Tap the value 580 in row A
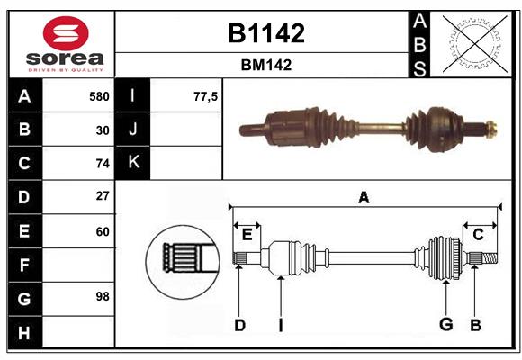(99, 96)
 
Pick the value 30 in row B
(103, 130)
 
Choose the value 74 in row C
(103, 164)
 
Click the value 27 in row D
(103, 196)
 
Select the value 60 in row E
(103, 231)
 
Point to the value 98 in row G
(103, 296)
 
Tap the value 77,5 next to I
(206, 96)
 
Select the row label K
(134, 163)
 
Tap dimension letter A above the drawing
(364, 197)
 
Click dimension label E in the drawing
(247, 234)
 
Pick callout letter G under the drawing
(445, 325)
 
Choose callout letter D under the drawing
(239, 325)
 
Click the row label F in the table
(24, 265)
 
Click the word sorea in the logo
(62, 58)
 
